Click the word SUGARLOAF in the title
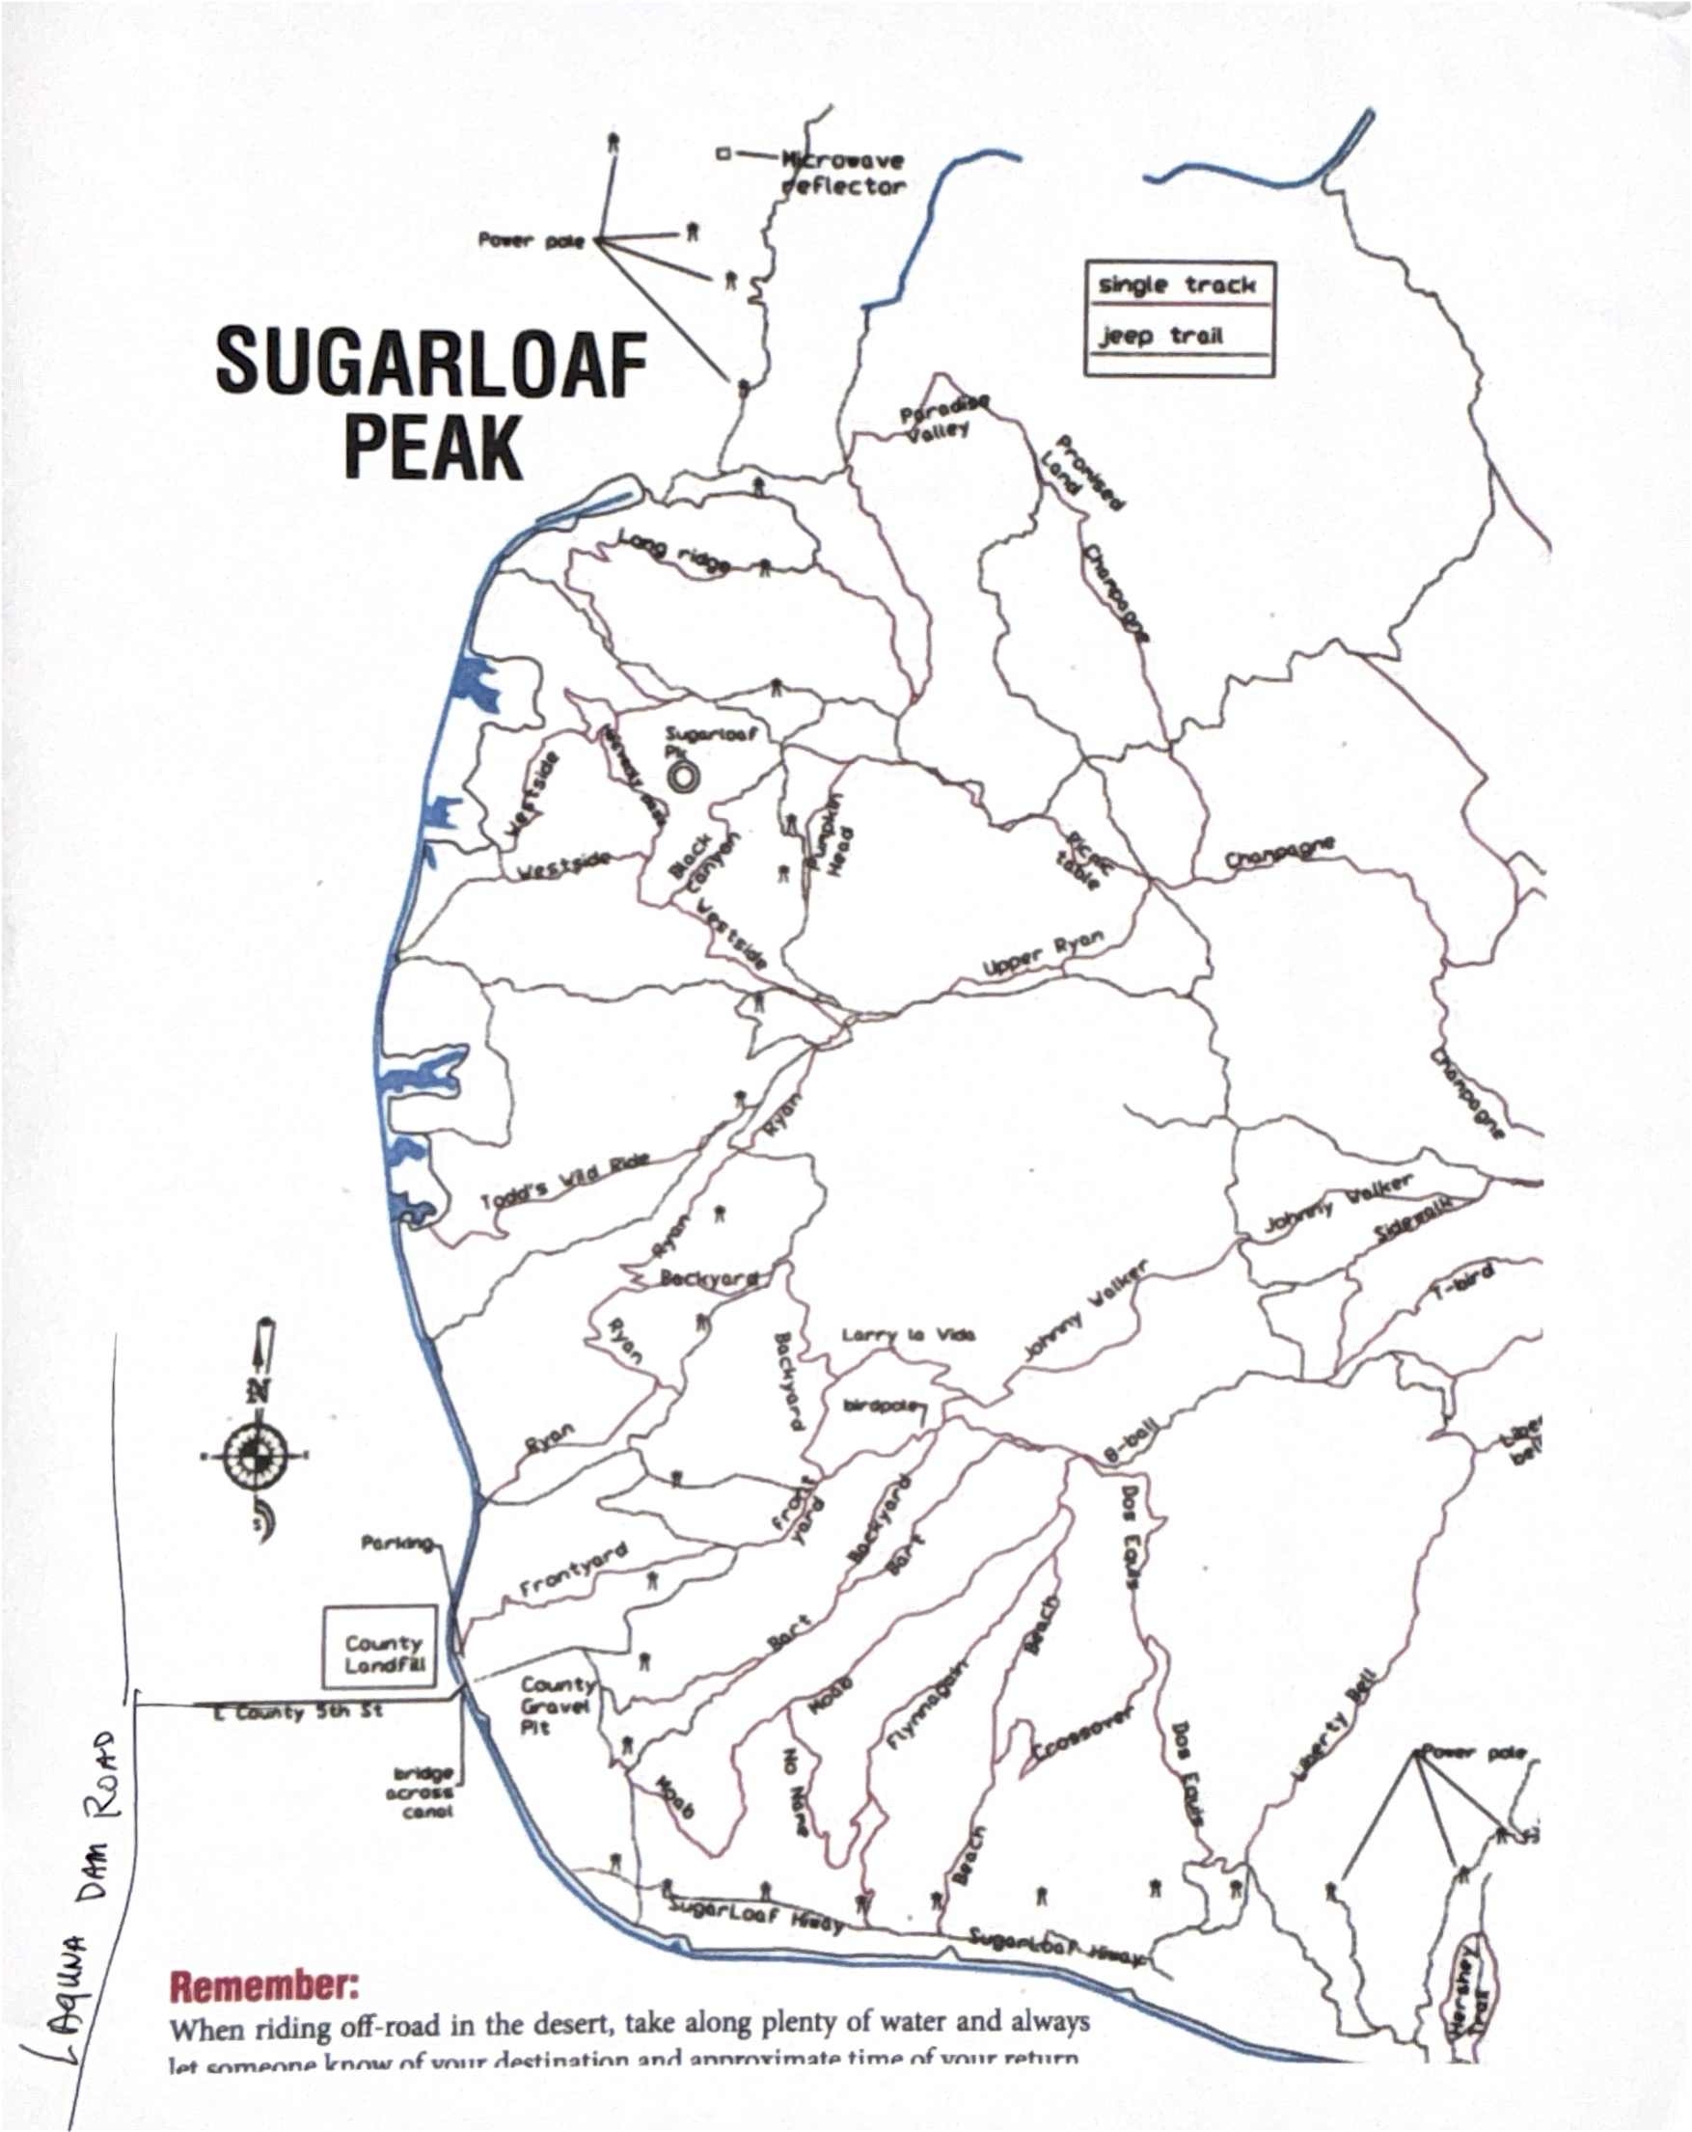coord(431,363)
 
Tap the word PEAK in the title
coord(433,448)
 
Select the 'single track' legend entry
coord(1177,286)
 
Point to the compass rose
coord(255,1456)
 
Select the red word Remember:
coord(264,1984)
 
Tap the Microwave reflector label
coord(842,173)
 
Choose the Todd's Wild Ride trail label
coord(564,1180)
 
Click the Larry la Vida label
coord(908,1335)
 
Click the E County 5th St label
coord(298,1711)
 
